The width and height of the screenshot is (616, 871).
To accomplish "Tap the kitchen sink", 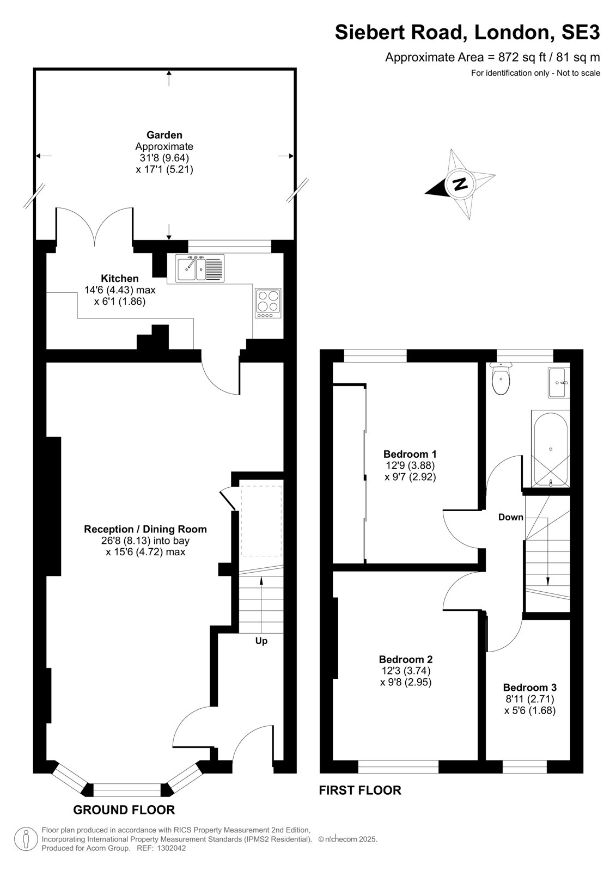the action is coord(200,268).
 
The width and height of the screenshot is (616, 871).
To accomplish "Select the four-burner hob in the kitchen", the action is coord(268,303).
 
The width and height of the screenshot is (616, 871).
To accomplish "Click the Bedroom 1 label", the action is coord(410,454).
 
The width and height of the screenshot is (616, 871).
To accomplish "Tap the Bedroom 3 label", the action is coord(529,687).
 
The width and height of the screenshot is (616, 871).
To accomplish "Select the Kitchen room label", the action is coord(120,278).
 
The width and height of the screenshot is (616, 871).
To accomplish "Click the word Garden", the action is coord(164,135).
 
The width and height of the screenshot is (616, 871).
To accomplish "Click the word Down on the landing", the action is coord(510,517).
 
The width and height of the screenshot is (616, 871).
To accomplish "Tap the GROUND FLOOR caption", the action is coord(124,809).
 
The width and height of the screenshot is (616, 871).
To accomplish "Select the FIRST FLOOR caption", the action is coord(360,790).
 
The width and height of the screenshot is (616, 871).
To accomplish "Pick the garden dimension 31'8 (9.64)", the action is coord(164,158).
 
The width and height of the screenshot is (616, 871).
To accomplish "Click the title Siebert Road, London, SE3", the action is coord(467,32).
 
